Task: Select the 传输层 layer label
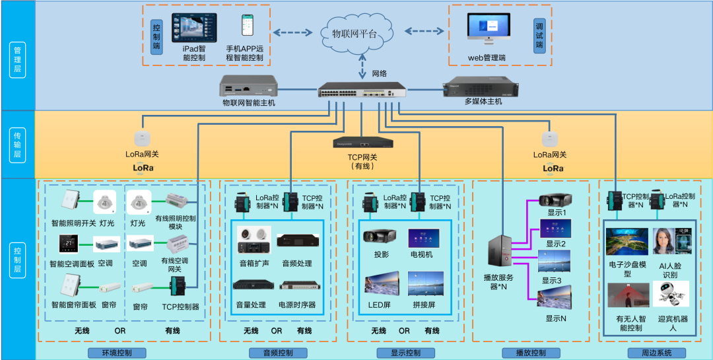tap(18, 145)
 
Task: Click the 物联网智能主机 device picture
tap(249, 86)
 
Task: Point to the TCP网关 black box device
tap(362, 142)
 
